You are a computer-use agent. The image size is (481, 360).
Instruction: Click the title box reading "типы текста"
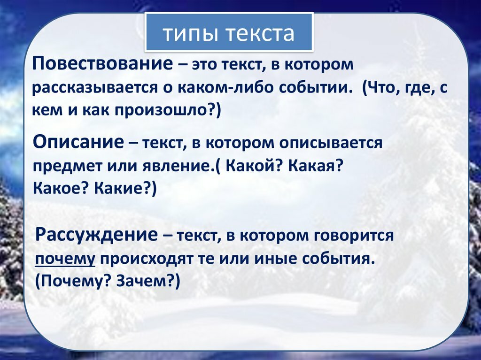click(x=229, y=32)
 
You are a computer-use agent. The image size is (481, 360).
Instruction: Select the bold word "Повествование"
click(x=103, y=64)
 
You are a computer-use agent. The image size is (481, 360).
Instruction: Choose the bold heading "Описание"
click(x=78, y=142)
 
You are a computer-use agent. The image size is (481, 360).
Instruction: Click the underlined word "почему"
click(x=65, y=260)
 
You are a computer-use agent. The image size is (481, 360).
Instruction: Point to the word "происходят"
click(x=147, y=259)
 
